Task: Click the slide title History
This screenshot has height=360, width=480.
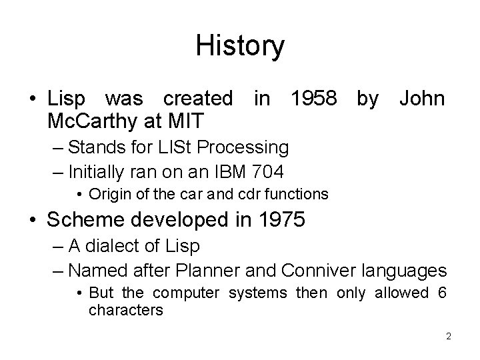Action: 240,46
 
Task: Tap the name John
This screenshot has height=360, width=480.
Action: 421,99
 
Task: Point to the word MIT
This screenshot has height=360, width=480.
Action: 187,122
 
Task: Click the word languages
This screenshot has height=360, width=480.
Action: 406,271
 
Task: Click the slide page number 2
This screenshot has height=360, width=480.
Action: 449,336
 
